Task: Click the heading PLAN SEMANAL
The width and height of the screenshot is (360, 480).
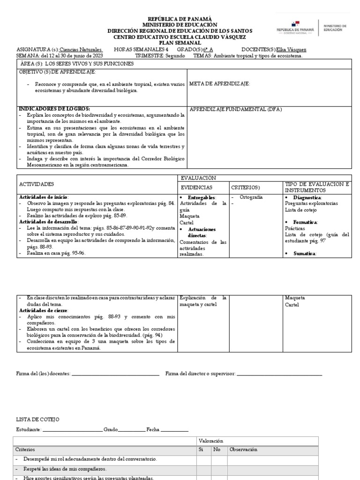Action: point(180,43)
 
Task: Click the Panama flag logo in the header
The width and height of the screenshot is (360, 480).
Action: point(295,23)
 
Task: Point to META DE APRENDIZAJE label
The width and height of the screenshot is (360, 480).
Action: point(219,83)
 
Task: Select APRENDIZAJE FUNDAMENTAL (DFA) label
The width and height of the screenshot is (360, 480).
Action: point(236,109)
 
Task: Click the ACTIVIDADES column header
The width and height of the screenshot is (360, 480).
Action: point(37,184)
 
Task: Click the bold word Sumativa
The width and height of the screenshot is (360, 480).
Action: point(305,253)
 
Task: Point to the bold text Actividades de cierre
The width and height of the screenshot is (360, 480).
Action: point(44,310)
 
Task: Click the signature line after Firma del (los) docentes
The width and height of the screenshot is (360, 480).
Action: point(115,374)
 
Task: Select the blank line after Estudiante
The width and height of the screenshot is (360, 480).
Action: point(72,430)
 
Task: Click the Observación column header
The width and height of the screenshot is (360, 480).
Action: point(243,450)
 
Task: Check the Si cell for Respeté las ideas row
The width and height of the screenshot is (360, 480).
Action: point(203,469)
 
